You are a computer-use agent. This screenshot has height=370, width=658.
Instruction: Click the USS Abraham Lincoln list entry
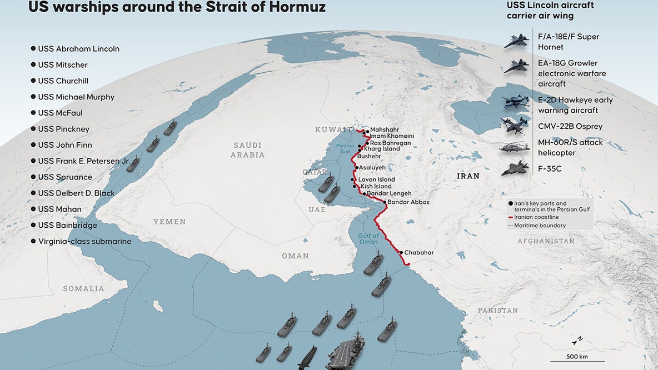pos(78,49)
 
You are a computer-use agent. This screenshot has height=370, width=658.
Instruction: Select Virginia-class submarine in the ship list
pos(84,242)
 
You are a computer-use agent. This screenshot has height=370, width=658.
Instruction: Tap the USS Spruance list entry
pos(65,177)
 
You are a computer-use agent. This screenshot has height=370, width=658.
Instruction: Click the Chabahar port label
pos(418,253)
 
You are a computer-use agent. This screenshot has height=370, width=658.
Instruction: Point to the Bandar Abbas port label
pos(408,202)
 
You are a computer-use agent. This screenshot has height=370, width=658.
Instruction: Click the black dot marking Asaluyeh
pos(356,167)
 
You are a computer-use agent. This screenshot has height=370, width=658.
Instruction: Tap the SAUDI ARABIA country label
pos(248,150)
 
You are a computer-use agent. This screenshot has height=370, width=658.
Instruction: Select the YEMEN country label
pos(170,222)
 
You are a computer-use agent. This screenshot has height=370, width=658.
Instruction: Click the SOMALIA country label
pos(83,289)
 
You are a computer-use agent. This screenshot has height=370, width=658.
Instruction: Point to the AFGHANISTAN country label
pos(546,241)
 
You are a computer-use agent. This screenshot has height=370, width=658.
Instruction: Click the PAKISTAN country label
pos(498,311)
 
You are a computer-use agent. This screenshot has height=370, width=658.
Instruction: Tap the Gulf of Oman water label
pos(368,239)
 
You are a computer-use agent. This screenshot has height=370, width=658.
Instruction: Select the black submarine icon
pos(308,356)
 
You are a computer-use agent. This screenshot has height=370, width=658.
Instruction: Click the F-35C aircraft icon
pos(515,168)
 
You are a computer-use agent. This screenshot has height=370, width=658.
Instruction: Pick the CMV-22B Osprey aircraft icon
pos(515,126)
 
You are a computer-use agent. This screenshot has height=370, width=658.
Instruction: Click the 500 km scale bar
pos(577,350)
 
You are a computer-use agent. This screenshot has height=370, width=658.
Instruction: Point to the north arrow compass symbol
pos(578,338)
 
